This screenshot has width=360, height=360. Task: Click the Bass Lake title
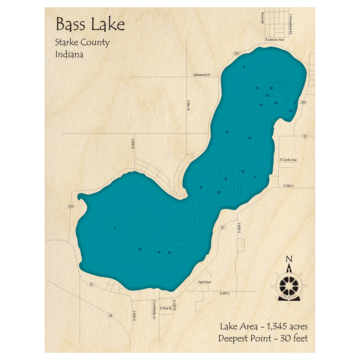tap(90, 25)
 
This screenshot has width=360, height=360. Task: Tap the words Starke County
tap(82, 42)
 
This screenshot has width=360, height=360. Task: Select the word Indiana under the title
tap(69, 55)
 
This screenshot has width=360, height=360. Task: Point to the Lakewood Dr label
tap(201, 75)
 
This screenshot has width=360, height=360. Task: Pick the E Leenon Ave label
tap(274, 40)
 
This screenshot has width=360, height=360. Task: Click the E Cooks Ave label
tap(288, 159)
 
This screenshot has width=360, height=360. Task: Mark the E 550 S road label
tap(289, 186)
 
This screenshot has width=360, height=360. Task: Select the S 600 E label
tap(239, 227)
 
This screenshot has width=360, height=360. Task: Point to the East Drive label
tap(204, 282)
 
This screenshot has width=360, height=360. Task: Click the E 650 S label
tap(225, 294)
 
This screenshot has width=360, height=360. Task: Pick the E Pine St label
tap(166, 309)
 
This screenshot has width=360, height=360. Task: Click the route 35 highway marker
tap(111, 316)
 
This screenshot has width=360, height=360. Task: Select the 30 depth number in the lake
tap(271, 88)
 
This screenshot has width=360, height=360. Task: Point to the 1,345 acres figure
tap(287, 327)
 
